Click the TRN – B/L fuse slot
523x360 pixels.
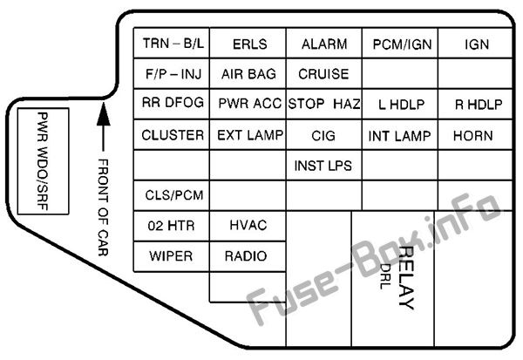[172, 43]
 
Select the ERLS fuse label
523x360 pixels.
[250, 44]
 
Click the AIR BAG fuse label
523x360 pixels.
[248, 74]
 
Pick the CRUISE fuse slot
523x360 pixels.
[324, 73]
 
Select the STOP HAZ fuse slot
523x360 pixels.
[324, 104]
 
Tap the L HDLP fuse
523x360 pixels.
[400, 104]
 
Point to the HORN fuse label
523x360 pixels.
[473, 136]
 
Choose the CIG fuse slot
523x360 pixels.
[324, 134]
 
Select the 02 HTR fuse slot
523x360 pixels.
[172, 226]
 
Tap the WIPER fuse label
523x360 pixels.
[171, 256]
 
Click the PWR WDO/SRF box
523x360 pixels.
[43, 161]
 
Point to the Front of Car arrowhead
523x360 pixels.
[104, 114]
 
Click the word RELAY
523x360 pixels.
[406, 278]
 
